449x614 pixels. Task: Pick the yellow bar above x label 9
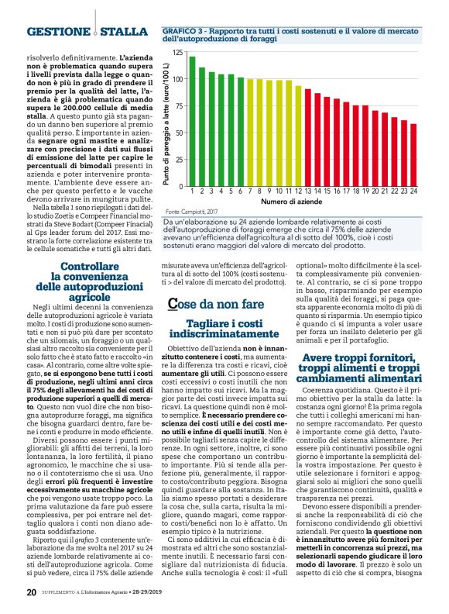(x=269, y=133)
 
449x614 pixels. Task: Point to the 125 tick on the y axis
(x=179, y=53)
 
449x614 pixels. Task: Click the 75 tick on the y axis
(x=180, y=106)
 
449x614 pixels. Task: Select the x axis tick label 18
(x=355, y=190)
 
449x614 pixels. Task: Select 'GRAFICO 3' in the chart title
(x=182, y=29)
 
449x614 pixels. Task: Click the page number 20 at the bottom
(x=31, y=593)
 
